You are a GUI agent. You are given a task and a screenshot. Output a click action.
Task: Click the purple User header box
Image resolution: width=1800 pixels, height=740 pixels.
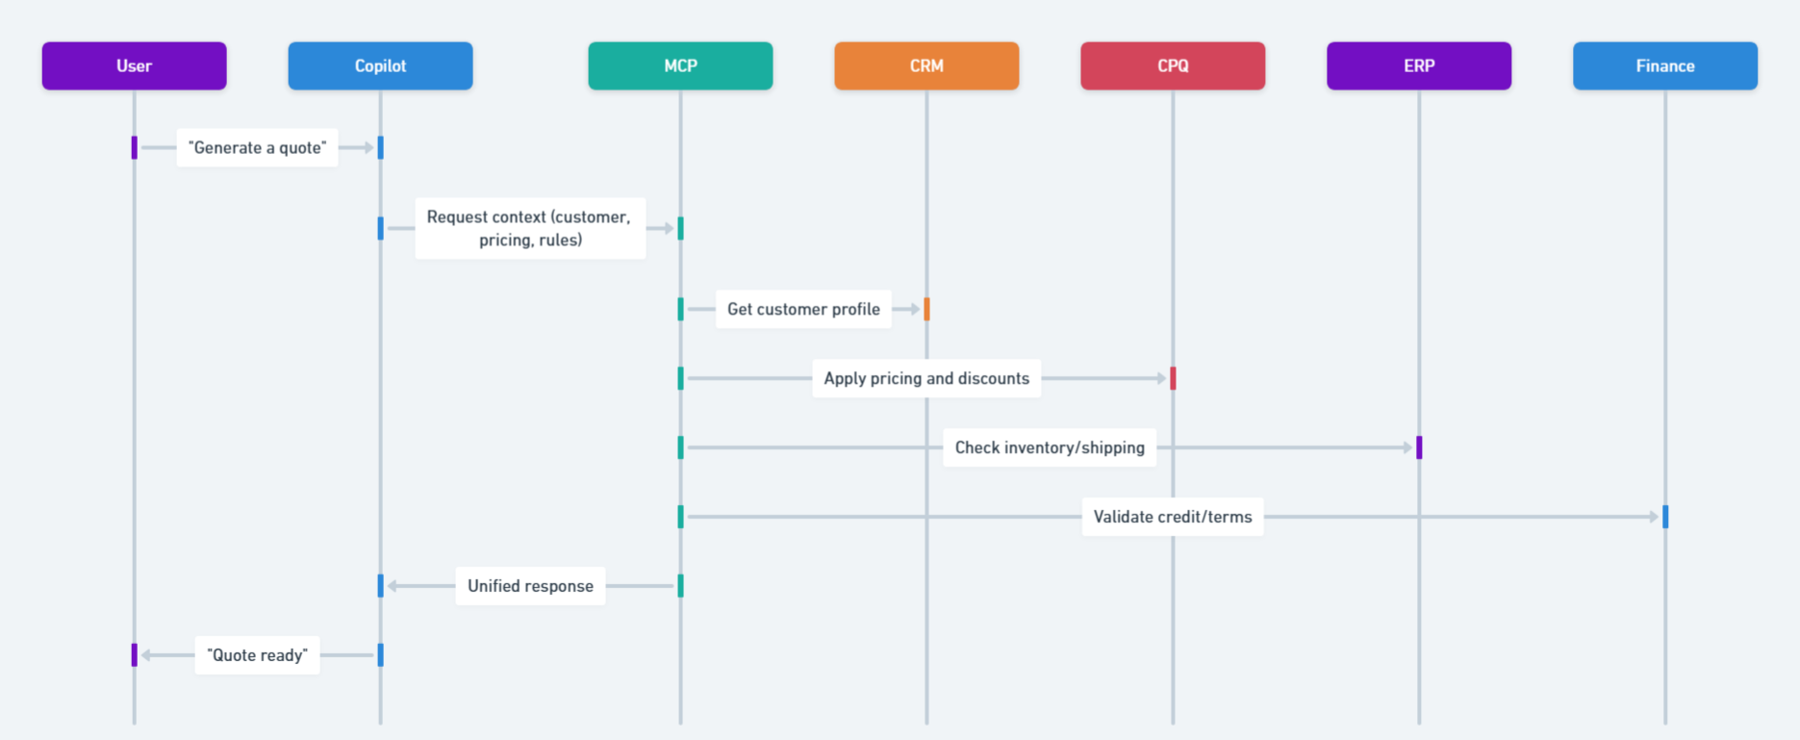click(134, 65)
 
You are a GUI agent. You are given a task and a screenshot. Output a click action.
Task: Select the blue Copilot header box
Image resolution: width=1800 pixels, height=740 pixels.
click(380, 65)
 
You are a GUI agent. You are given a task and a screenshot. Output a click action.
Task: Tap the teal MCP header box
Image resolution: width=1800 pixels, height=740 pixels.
click(680, 65)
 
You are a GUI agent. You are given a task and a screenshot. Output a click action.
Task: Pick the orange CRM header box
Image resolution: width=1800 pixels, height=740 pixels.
click(926, 65)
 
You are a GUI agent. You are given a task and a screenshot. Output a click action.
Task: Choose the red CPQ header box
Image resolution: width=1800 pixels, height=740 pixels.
click(1173, 65)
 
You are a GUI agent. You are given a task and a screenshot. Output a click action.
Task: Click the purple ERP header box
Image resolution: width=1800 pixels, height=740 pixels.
click(1419, 65)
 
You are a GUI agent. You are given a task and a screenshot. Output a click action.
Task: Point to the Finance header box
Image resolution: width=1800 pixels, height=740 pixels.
click(1665, 65)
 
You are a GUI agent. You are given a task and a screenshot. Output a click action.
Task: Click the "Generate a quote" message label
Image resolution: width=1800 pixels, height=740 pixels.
click(257, 147)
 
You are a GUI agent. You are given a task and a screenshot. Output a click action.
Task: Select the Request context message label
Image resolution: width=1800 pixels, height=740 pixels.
click(529, 228)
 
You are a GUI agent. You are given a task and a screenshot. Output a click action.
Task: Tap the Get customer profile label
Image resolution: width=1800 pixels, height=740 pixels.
click(803, 309)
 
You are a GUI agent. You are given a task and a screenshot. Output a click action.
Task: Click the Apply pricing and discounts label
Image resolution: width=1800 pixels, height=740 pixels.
click(926, 378)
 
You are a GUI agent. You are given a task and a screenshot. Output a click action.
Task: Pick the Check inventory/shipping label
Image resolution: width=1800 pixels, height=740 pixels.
click(1050, 447)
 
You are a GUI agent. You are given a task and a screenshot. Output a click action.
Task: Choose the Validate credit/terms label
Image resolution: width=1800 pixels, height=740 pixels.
click(1173, 517)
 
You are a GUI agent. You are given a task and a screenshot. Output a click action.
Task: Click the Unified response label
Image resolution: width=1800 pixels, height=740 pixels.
click(530, 586)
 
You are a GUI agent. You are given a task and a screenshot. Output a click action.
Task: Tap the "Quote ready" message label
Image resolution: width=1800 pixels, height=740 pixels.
click(257, 655)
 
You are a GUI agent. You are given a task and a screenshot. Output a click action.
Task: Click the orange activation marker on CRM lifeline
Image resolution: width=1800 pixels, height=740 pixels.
click(926, 309)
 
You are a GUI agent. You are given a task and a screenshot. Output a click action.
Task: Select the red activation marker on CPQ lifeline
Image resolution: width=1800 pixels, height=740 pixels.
click(1173, 378)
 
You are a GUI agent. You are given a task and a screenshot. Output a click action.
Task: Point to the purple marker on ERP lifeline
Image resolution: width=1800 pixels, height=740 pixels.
click(1419, 447)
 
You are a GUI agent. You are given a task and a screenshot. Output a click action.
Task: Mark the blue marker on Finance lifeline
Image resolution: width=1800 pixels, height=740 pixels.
click(1665, 517)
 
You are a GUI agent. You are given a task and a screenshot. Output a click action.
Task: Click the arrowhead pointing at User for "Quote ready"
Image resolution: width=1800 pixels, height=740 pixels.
click(146, 655)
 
